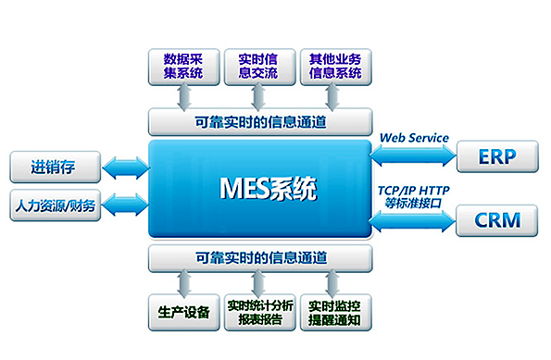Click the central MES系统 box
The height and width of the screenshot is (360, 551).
point(259,191)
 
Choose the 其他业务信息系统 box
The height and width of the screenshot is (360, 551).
point(335,64)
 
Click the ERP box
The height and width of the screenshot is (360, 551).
point(495,155)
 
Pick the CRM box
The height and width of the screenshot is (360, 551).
point(495,221)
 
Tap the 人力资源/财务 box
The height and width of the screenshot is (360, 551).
point(53,204)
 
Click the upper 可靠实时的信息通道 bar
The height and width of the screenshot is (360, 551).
point(259,121)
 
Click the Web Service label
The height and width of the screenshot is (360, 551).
point(414,138)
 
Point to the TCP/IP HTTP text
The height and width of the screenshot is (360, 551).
point(414,191)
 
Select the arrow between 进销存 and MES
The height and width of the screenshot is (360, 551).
point(123,168)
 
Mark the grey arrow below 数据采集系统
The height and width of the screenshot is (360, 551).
point(183,96)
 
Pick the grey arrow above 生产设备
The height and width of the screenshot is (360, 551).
point(183,281)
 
